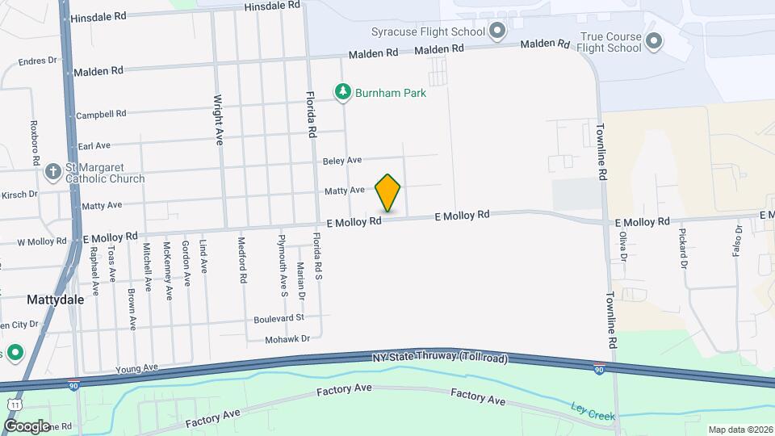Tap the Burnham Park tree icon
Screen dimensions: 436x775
pos(345,93)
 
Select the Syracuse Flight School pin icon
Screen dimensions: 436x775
pos(497,32)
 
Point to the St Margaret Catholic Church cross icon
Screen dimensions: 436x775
pos(53,171)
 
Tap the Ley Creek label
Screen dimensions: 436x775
pos(593,410)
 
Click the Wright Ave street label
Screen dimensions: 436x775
pos(218,119)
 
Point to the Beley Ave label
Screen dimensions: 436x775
pos(342,161)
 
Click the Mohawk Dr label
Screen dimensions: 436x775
pos(287,339)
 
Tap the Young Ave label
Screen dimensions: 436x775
pos(136,368)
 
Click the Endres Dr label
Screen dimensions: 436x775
pos(39,60)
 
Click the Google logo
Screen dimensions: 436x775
pos(27,426)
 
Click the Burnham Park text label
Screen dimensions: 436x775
pos(392,93)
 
